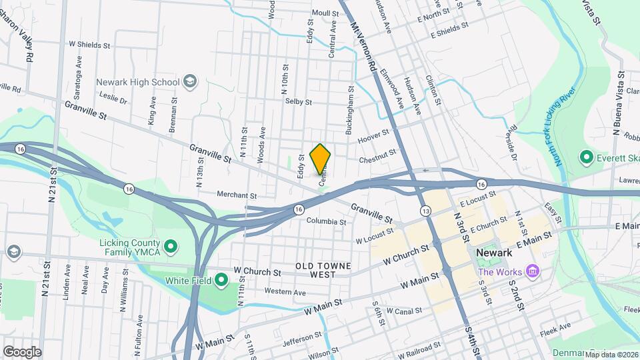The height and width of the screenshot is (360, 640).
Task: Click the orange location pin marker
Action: [x=321, y=159]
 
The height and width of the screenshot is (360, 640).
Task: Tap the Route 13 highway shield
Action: [x=425, y=211]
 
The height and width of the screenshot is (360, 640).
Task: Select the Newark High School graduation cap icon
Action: [x=190, y=82]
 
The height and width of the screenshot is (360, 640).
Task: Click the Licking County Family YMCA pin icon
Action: [x=170, y=247]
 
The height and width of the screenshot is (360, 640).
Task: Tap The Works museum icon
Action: [x=532, y=271]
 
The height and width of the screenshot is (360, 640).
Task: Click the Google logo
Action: [x=22, y=352]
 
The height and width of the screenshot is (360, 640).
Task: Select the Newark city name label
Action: [x=494, y=253]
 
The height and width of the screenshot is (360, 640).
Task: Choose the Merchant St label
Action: [x=237, y=195]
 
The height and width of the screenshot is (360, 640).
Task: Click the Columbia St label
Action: [x=326, y=221]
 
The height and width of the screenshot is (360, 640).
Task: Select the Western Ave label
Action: [x=285, y=292]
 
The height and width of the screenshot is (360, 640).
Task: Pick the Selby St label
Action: [x=299, y=102]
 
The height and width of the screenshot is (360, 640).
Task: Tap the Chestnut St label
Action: [x=377, y=154]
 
